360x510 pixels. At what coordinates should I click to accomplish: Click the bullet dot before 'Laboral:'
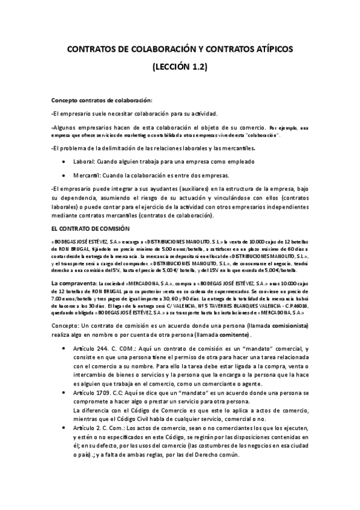click(x=64, y=162)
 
